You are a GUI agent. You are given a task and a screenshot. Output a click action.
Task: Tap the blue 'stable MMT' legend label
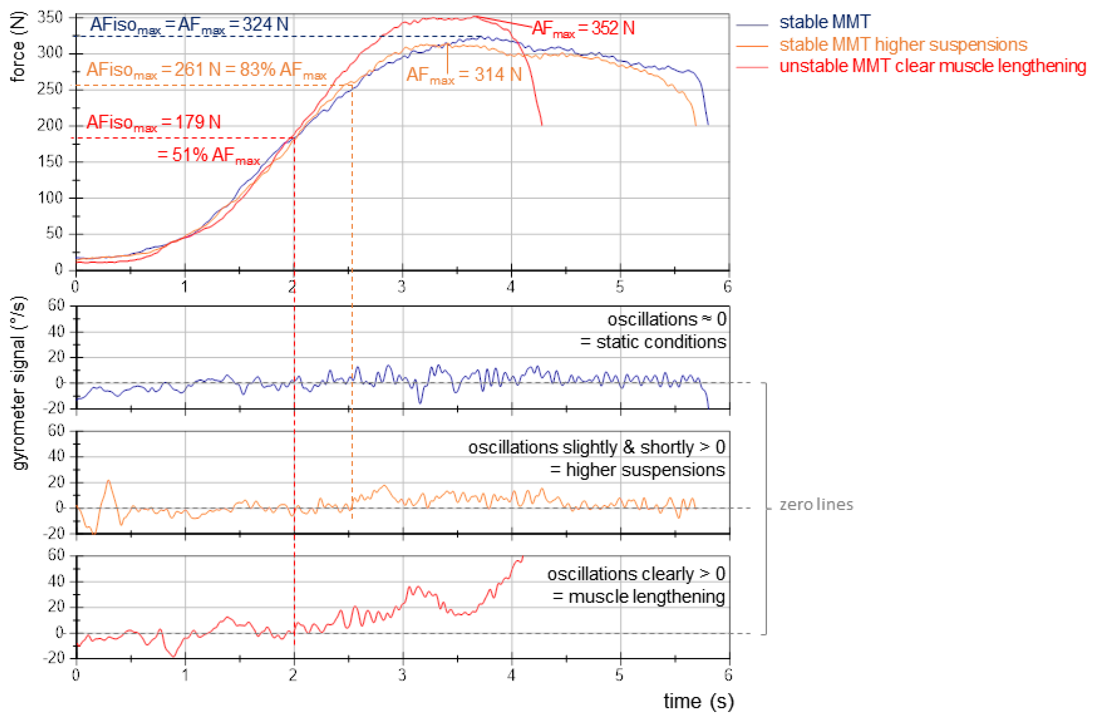(x=824, y=22)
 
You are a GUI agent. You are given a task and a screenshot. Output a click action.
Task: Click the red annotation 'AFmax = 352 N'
(x=583, y=29)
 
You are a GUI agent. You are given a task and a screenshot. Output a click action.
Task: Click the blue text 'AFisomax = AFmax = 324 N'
(x=189, y=25)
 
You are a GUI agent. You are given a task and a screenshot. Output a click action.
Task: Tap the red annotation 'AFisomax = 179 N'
(x=153, y=123)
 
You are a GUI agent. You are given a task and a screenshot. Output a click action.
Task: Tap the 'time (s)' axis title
(x=698, y=701)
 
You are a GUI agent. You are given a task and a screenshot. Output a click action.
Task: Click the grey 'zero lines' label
(x=816, y=505)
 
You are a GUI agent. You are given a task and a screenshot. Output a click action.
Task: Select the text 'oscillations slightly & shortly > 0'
(x=596, y=447)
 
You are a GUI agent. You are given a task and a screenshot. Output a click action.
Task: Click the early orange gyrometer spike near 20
(x=109, y=482)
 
